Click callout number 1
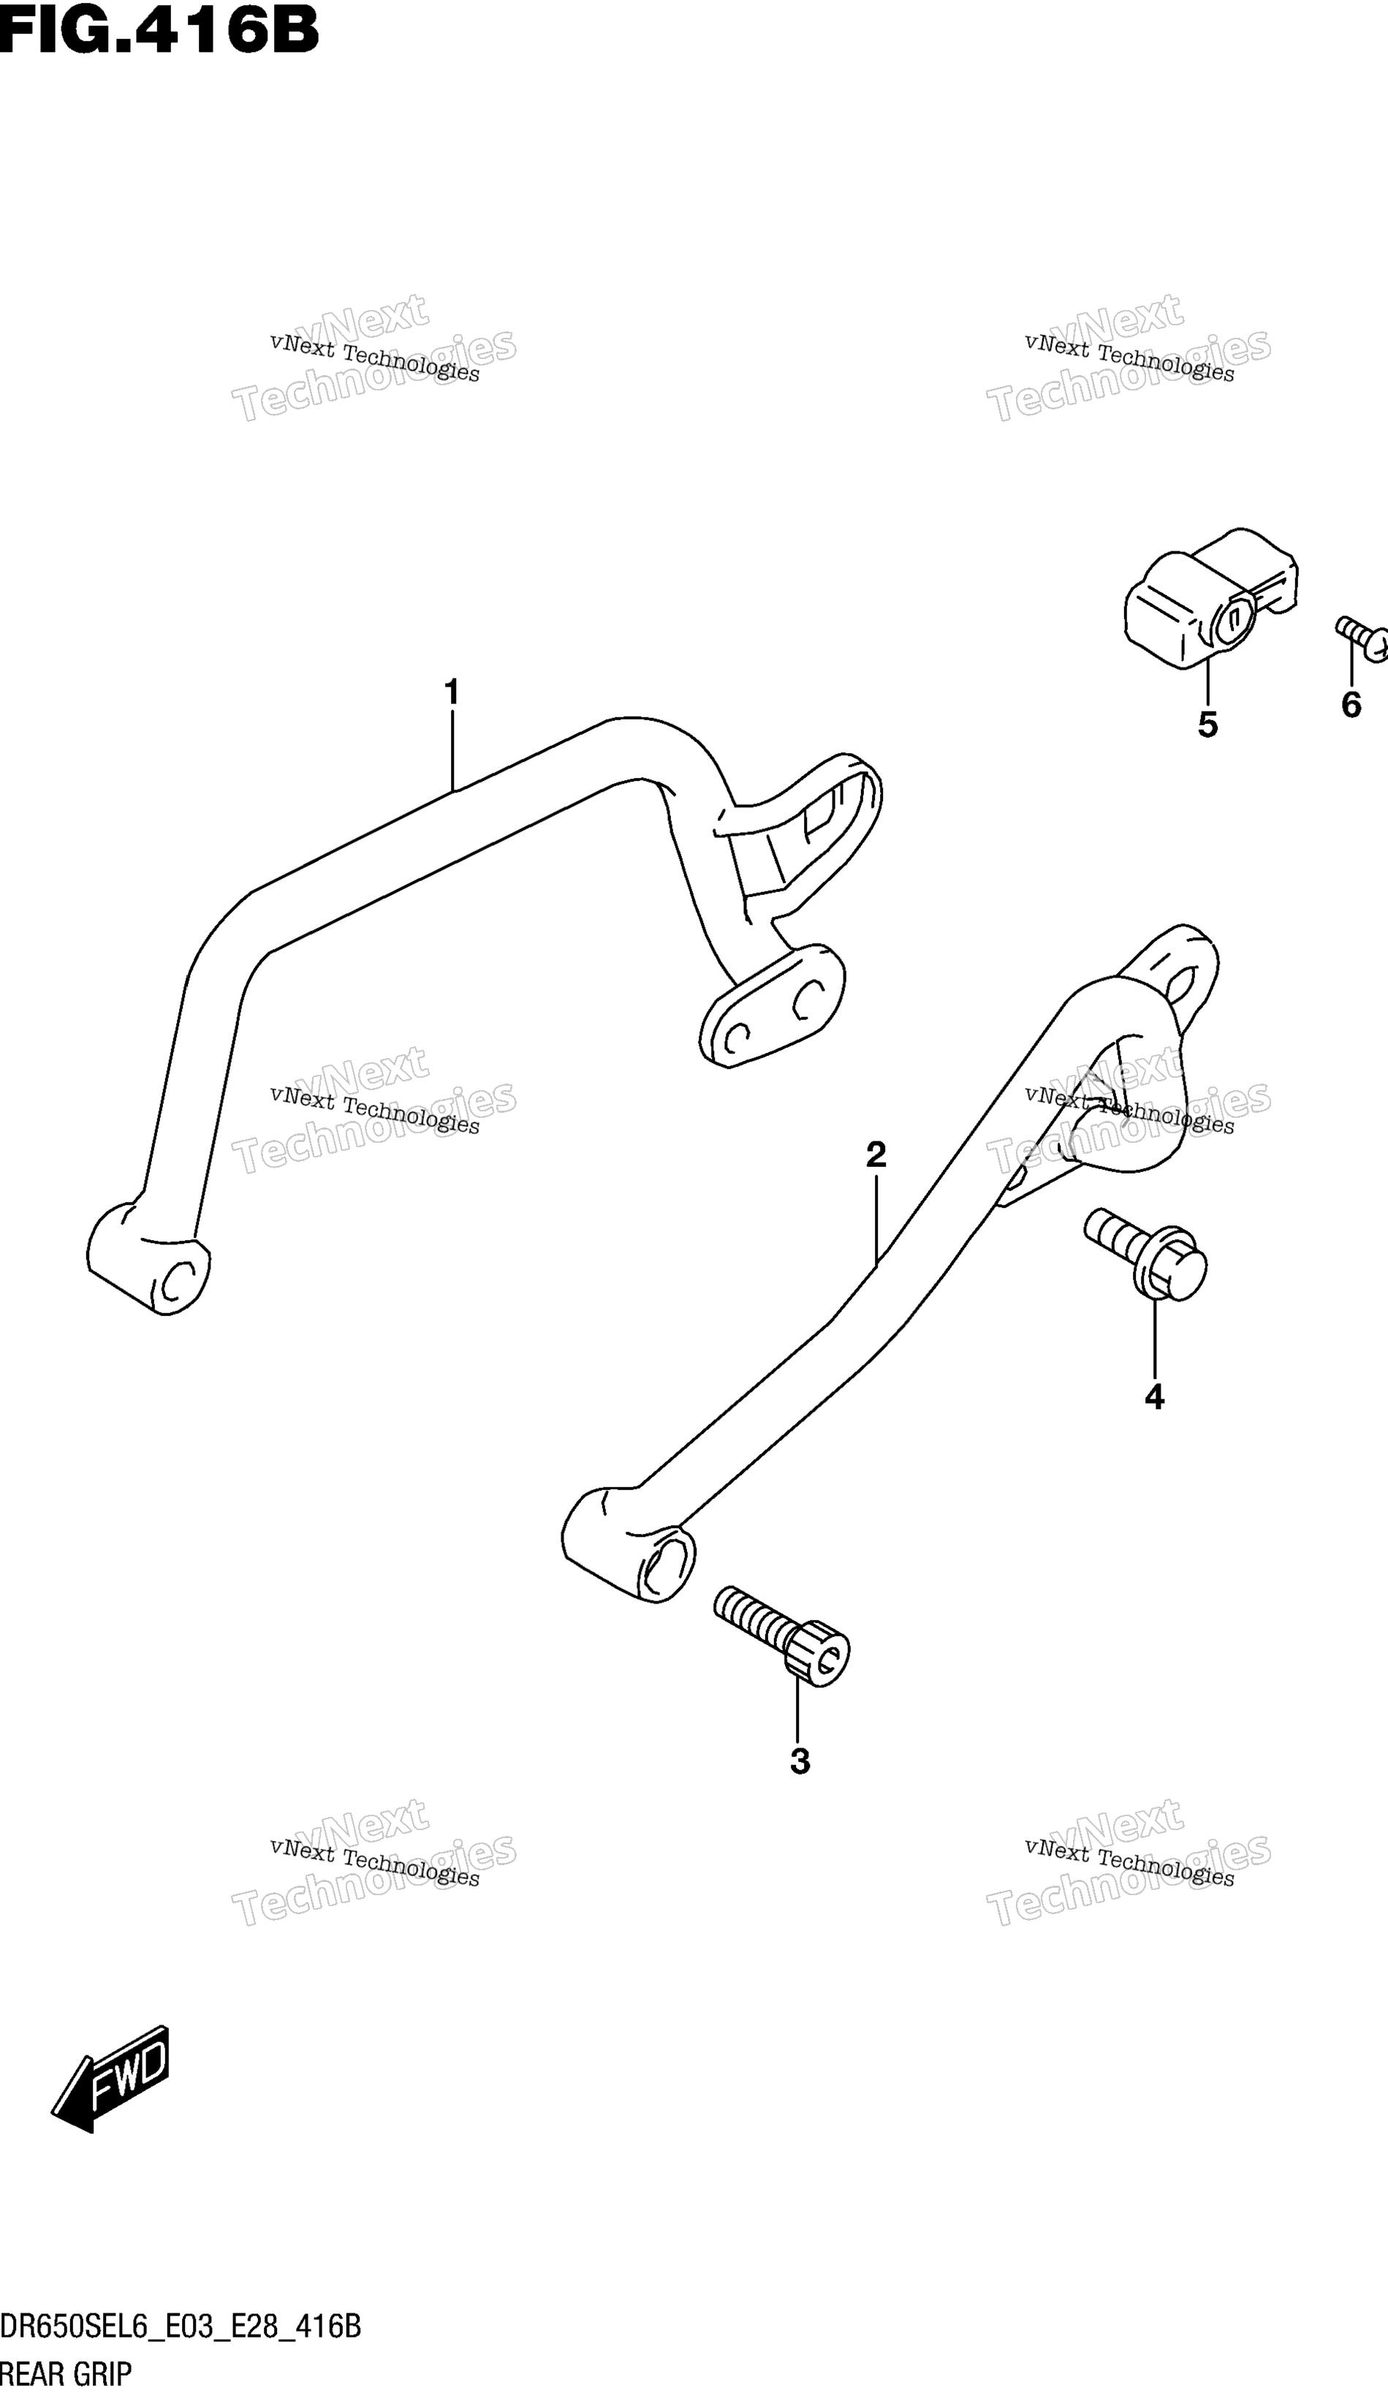pos(452,692)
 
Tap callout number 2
pos(876,1154)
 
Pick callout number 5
pos(1207,725)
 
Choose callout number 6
pos(1351,705)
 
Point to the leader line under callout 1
pos(452,751)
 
